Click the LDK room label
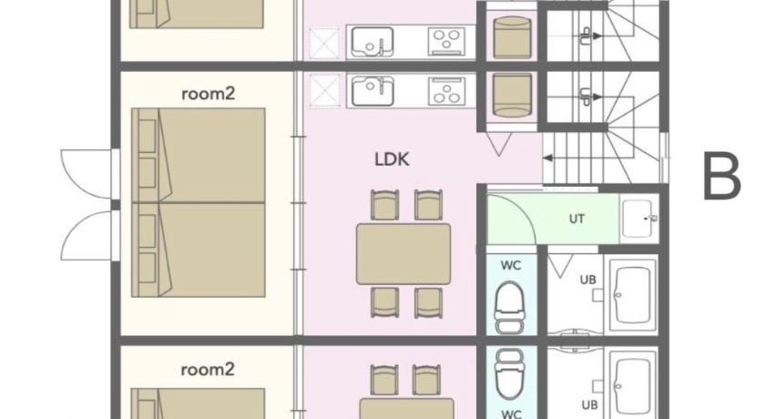(x=392, y=159)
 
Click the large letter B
(x=722, y=176)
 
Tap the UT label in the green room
(x=576, y=219)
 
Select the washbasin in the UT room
(x=639, y=219)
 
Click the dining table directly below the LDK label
(x=403, y=253)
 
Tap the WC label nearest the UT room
(x=511, y=266)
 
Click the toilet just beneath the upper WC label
(x=510, y=307)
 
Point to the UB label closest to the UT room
(x=588, y=280)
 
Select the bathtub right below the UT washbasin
(x=633, y=296)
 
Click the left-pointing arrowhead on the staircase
(x=547, y=158)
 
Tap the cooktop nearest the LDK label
(x=446, y=91)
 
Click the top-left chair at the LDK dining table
(x=385, y=205)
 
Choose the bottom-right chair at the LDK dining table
(x=428, y=302)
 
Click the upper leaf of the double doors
(x=87, y=174)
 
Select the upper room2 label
(x=209, y=93)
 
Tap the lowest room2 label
(x=208, y=369)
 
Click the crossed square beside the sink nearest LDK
(x=325, y=91)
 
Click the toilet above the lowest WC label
(x=510, y=373)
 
